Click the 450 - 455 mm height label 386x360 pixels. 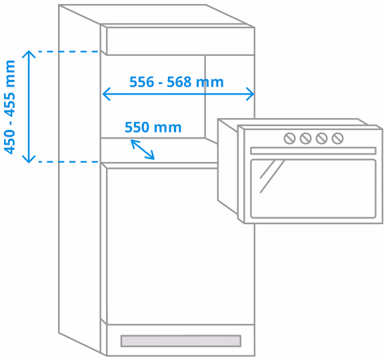point(10,107)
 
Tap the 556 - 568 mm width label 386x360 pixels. point(177,82)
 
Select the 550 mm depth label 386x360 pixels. point(153,127)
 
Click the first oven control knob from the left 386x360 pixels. point(289,139)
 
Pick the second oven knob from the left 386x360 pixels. point(305,139)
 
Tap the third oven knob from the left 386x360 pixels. point(321,139)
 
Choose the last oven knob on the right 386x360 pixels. point(337,139)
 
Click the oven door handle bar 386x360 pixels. point(313,151)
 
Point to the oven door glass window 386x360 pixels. point(313,189)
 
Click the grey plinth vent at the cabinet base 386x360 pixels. point(181,341)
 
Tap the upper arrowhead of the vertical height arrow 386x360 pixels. point(29,54)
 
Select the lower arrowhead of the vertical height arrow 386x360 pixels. point(29,159)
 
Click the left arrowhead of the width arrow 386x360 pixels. point(106,94)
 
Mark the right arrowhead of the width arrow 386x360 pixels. point(251,94)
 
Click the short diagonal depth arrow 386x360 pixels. point(143,149)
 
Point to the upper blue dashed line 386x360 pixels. point(69,51)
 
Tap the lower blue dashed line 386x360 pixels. point(69,162)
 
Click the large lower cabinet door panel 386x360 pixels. point(181,246)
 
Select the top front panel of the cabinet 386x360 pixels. point(181,41)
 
